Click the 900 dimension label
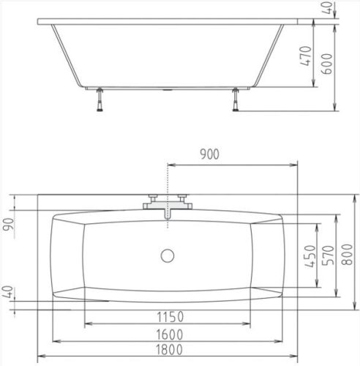point(209,154)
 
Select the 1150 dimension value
point(170,317)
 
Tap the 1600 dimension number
point(170,335)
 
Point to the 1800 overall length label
point(169,349)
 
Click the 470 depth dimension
point(306,56)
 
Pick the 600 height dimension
point(327,64)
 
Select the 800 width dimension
point(348,254)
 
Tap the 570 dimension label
point(328,255)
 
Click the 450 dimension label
point(310,256)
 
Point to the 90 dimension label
point(9,225)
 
